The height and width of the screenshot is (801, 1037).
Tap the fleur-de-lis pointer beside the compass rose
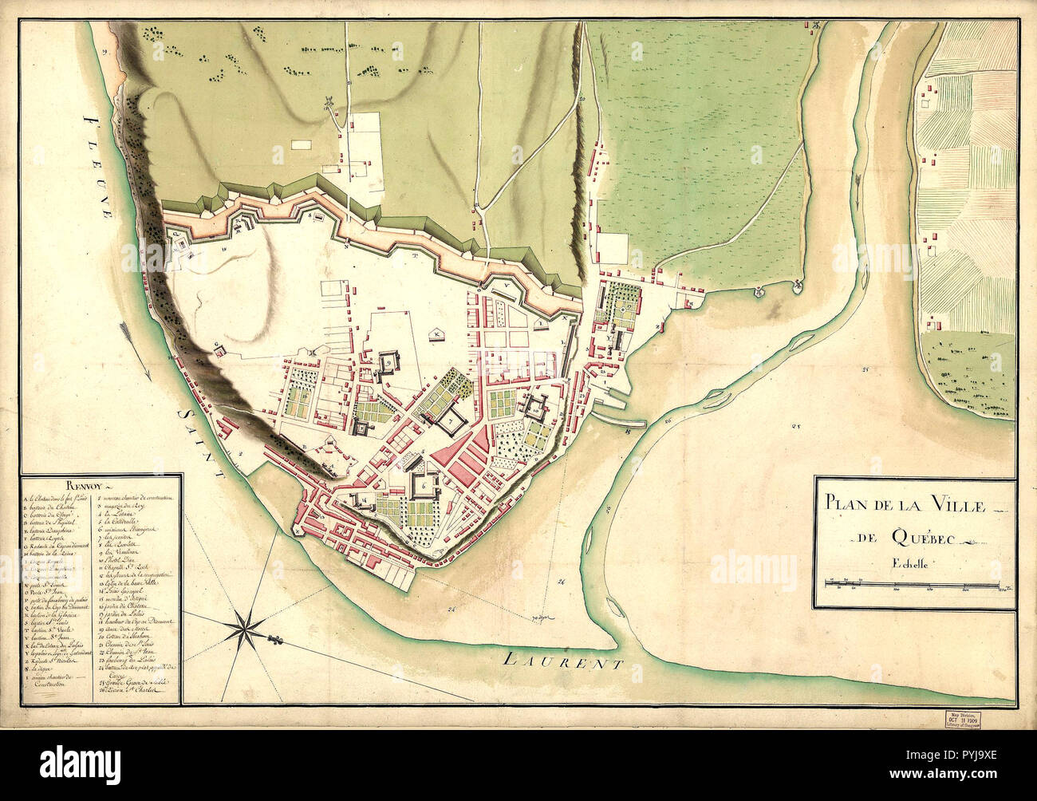pyautogui.click(x=276, y=640)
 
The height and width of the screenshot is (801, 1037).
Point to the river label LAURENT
pyautogui.click(x=566, y=661)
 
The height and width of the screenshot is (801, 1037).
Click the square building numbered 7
pyautogui.click(x=451, y=419)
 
